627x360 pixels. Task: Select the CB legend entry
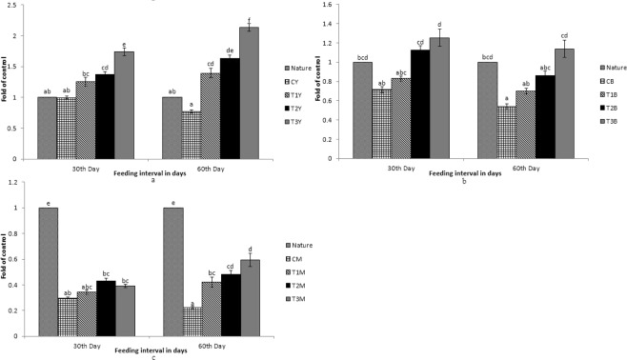[610, 82]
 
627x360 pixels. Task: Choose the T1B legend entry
[610, 96]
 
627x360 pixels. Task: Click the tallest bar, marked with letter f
[250, 91]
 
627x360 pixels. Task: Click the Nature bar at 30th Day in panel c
[48, 271]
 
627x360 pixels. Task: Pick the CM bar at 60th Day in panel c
[192, 321]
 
